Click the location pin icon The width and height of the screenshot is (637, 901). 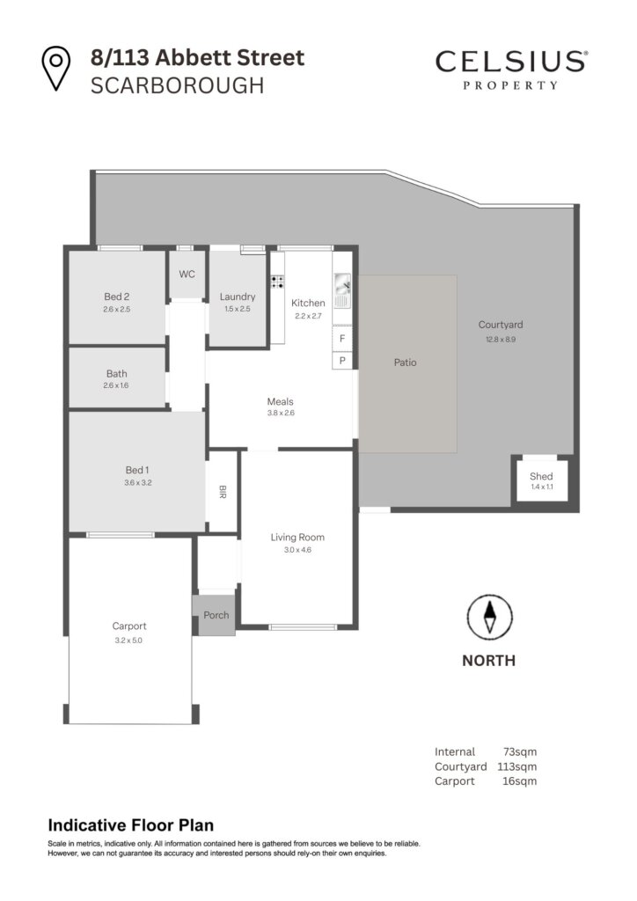pyautogui.click(x=55, y=68)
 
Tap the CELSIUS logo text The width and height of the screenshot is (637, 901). pyautogui.click(x=511, y=62)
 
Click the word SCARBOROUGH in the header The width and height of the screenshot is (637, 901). pyautogui.click(x=178, y=85)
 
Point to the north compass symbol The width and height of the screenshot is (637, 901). pyautogui.click(x=489, y=617)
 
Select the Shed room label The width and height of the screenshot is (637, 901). pyautogui.click(x=541, y=476)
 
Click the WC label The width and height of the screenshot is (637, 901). pyautogui.click(x=187, y=275)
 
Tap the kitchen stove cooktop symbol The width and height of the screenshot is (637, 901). pyautogui.click(x=277, y=282)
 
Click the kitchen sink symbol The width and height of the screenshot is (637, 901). pyautogui.click(x=342, y=290)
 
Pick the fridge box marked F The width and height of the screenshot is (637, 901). pyautogui.click(x=342, y=339)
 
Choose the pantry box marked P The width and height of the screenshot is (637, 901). pyautogui.click(x=342, y=360)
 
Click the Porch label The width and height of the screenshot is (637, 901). pyautogui.click(x=216, y=615)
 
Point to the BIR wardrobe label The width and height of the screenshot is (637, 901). pyautogui.click(x=223, y=492)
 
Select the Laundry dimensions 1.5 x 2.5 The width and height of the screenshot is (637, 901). pyautogui.click(x=238, y=309)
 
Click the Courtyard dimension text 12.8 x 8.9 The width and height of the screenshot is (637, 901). pyautogui.click(x=501, y=339)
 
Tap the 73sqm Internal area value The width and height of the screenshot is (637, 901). pyautogui.click(x=520, y=751)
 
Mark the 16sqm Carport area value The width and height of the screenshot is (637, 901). pyautogui.click(x=520, y=781)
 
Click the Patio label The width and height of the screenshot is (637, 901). pyautogui.click(x=405, y=363)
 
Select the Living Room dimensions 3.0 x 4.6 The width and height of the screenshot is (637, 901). pyautogui.click(x=297, y=550)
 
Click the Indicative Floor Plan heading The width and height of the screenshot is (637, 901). pyautogui.click(x=131, y=825)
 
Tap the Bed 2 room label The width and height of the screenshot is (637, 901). pyautogui.click(x=117, y=297)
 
